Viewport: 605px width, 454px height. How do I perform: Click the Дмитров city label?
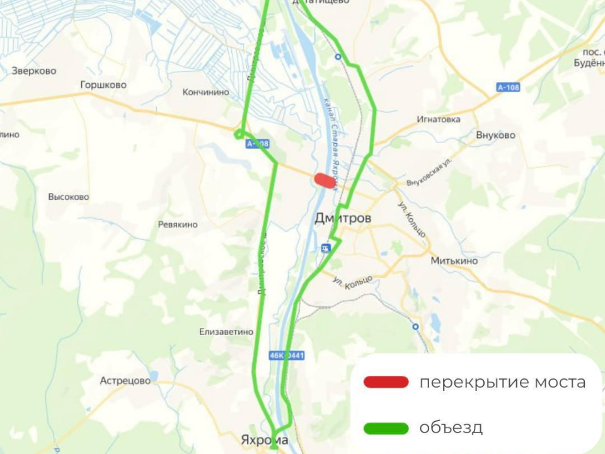point(343,218)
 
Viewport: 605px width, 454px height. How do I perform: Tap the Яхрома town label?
point(265,439)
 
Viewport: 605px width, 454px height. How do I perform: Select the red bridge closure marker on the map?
point(325,180)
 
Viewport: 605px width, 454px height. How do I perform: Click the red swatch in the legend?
point(386,382)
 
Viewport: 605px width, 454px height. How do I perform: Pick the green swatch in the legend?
point(386,428)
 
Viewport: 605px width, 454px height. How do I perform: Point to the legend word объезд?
point(451,428)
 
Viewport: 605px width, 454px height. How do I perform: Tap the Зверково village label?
point(34,71)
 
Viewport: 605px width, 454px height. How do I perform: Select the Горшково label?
point(103,85)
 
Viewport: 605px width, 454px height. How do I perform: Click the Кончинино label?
point(205,92)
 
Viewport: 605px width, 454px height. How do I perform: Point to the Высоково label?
point(69,197)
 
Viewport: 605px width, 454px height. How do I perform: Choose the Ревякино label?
point(178,224)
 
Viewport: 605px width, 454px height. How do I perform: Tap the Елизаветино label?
point(226,332)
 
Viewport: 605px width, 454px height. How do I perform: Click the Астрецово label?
point(125,381)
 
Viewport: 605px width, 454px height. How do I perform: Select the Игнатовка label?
point(439,119)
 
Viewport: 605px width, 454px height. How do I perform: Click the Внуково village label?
point(496,135)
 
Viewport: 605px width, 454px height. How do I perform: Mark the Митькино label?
point(454,260)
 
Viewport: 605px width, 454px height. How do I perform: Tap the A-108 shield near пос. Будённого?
point(507,87)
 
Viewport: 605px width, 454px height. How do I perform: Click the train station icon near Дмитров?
point(325,248)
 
